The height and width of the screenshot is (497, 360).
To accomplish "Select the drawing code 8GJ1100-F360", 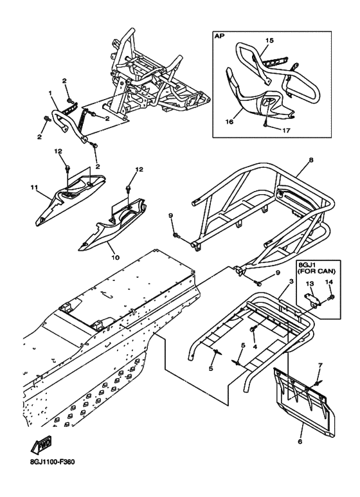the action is pos(53,462).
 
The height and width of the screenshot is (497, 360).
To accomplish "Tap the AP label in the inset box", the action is pos(219,36).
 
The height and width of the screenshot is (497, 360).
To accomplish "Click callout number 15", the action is pos(270,41).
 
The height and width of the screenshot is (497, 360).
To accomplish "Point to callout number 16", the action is pos(230,122).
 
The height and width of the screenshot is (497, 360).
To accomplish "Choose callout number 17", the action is pos(286,130).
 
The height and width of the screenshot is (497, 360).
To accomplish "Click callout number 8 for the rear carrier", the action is pos(311,160).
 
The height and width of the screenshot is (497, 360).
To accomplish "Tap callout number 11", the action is pos(34,188).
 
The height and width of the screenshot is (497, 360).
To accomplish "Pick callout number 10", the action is pos(115,257).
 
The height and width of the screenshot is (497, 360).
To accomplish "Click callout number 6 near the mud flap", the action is pos(300,441).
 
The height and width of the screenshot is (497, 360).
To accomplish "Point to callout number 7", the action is pos(320,365).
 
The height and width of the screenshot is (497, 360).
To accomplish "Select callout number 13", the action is pos(310,283).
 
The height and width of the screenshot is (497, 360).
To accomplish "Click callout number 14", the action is pos(329,282).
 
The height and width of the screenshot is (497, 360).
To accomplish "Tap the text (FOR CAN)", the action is pos(319,271).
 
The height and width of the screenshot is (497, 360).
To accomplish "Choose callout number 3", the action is pos(291,282).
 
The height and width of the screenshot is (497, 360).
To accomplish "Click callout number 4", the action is pos(255,347).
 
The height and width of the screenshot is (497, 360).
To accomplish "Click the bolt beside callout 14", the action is pos(332,297).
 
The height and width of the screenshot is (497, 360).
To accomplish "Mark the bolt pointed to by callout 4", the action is pos(253,330).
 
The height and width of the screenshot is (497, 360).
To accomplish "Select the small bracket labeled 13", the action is pos(311,299).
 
